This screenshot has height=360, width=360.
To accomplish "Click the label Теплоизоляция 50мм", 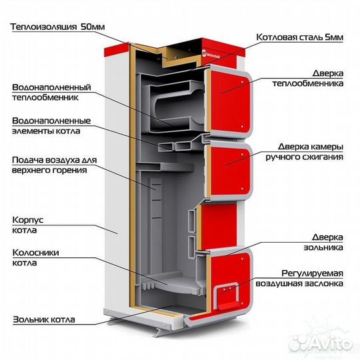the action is (x=57, y=27).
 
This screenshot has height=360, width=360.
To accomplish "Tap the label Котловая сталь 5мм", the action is (x=299, y=37).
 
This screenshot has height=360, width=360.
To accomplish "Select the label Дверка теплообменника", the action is (x=308, y=78).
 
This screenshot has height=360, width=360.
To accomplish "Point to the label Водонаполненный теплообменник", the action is (x=51, y=92).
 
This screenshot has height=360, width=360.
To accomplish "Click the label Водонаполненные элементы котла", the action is (x=51, y=126).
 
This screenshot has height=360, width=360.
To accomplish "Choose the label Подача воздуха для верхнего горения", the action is (x=55, y=165).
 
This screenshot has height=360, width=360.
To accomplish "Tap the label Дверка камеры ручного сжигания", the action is (x=305, y=152).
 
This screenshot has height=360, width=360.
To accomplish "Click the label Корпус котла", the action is (x=28, y=225).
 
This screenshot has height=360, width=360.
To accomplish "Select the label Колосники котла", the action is (x=35, y=257).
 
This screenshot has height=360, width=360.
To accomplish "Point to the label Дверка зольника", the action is (x=323, y=242).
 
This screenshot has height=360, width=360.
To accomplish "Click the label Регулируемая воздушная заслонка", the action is (x=299, y=278).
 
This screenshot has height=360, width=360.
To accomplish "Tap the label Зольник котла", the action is (x=44, y=319).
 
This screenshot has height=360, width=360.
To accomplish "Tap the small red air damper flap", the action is (x=228, y=297).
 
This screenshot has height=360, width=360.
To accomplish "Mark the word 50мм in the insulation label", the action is (x=93, y=27).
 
